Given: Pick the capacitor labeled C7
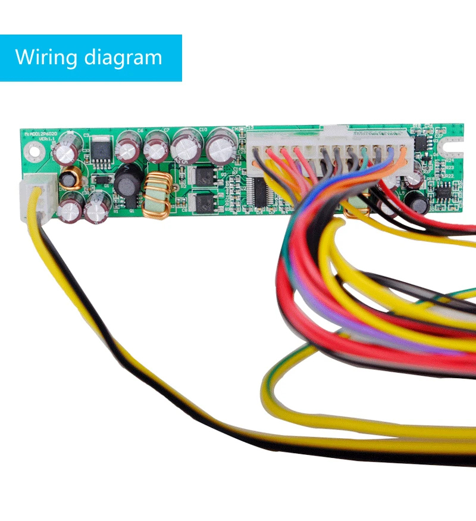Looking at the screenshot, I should (x=156, y=148).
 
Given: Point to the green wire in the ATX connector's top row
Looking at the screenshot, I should (x=364, y=156).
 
